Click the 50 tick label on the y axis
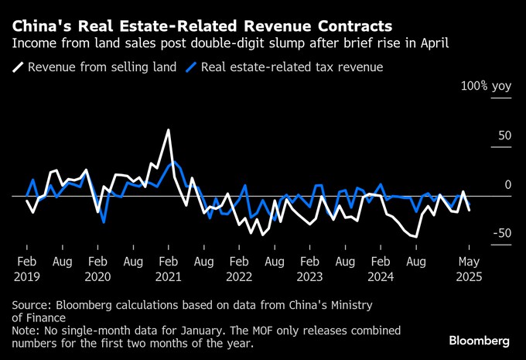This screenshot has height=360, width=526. [505, 136]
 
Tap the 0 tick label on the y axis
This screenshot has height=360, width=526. [508, 184]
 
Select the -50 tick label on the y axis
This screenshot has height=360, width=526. [502, 234]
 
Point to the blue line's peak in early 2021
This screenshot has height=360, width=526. [174, 162]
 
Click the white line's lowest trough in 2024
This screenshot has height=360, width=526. [417, 236]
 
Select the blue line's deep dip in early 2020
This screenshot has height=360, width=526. [104, 222]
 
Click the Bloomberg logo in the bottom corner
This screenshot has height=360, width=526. [479, 341]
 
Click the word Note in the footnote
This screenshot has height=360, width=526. [26, 331]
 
